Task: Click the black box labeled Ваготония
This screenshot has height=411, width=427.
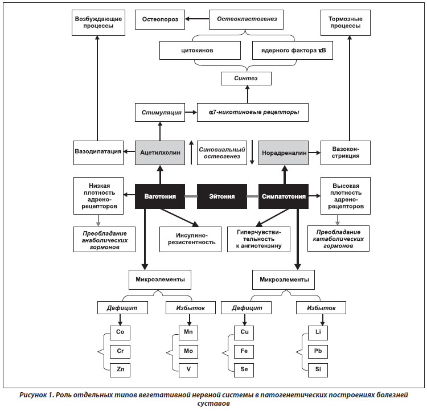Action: click(160, 196)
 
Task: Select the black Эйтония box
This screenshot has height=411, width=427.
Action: click(222, 196)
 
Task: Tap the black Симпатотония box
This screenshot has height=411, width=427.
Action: click(284, 196)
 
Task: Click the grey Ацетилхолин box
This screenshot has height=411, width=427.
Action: click(160, 153)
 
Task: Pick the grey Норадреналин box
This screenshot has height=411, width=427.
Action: click(284, 153)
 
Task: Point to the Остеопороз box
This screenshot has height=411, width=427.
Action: click(160, 19)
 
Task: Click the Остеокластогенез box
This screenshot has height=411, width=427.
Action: click(246, 19)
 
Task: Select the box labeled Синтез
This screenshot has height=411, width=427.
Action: click(246, 79)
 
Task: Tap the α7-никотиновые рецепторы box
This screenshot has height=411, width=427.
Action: click(253, 112)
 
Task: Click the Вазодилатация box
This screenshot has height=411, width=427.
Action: click(98, 153)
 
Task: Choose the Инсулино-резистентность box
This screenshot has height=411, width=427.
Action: click(190, 239)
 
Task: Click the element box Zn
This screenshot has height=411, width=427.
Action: click(120, 370)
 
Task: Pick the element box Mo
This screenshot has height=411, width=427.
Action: click(188, 351)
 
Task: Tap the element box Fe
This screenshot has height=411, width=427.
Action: click(244, 351)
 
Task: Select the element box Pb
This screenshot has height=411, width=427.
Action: click(318, 351)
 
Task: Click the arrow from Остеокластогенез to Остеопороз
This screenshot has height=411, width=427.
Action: click(197, 19)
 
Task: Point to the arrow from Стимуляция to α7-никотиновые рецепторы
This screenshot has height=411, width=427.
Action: click(191, 112)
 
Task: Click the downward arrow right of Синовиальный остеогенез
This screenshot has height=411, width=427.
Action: click(252, 153)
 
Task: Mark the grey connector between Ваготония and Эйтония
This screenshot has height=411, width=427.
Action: click(191, 196)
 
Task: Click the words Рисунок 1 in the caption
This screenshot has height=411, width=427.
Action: click(37, 395)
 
